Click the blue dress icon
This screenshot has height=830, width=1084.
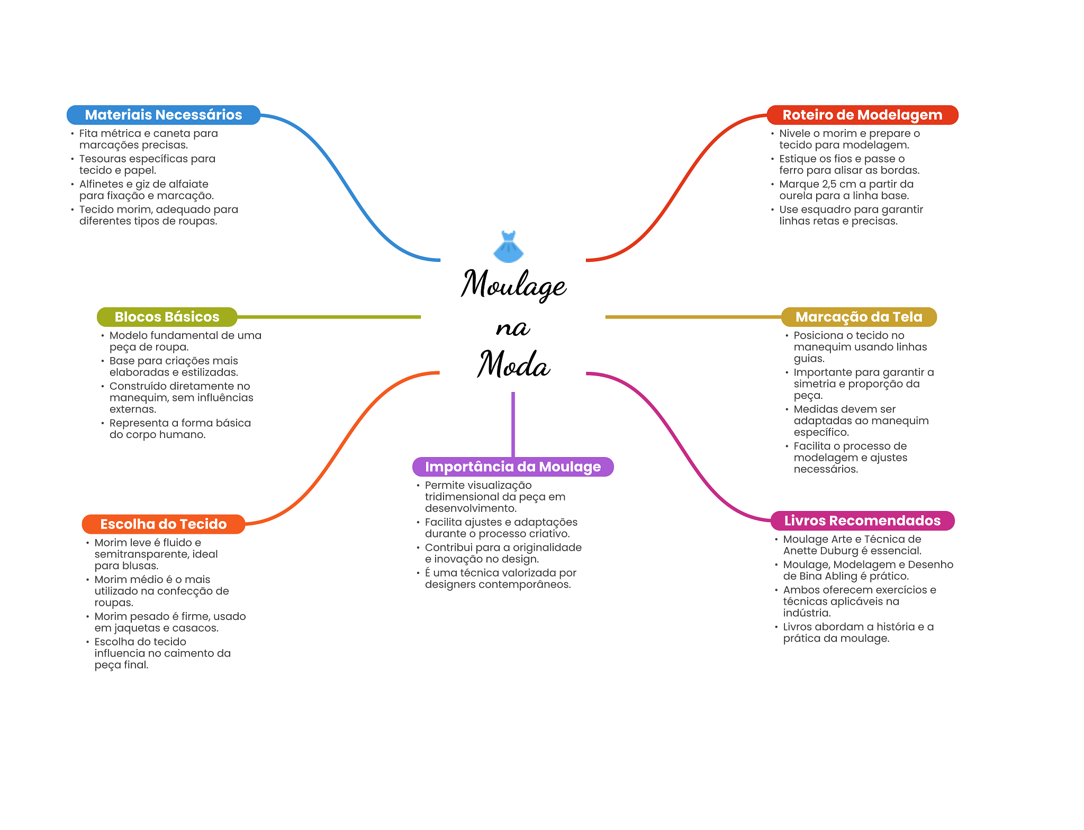click(x=508, y=247)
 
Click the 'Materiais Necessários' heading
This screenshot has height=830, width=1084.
click(x=163, y=115)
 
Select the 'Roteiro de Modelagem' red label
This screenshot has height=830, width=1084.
click(x=862, y=115)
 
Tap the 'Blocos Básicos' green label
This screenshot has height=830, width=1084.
click(x=167, y=317)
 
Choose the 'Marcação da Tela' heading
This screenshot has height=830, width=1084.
click(x=859, y=317)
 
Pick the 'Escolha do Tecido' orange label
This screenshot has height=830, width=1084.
click(x=163, y=524)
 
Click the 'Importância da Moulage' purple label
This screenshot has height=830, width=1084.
click(x=512, y=467)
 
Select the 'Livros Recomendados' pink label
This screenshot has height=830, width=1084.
click(x=862, y=521)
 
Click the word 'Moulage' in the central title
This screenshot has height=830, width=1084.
click(x=513, y=284)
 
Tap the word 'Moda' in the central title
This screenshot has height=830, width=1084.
click(x=513, y=365)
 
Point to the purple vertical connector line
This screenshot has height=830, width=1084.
click(x=513, y=423)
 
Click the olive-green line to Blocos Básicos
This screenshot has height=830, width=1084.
click(x=328, y=317)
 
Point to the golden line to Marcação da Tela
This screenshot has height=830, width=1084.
click(x=693, y=317)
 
